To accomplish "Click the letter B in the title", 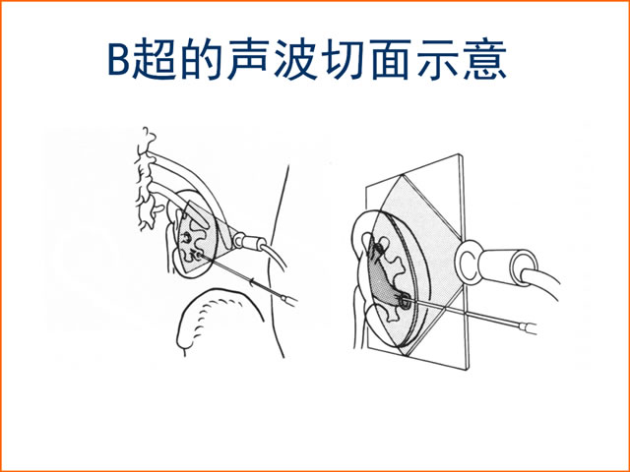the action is point(119,58).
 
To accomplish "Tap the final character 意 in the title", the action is point(485,58).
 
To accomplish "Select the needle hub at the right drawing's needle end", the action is point(528,327).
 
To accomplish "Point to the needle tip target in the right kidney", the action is point(405,300).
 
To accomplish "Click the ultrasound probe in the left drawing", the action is point(249,242).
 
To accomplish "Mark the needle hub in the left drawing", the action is point(290,299).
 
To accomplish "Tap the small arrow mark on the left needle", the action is point(252,281).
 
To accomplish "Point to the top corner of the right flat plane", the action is point(460,154).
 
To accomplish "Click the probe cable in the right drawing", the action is point(543,280).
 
